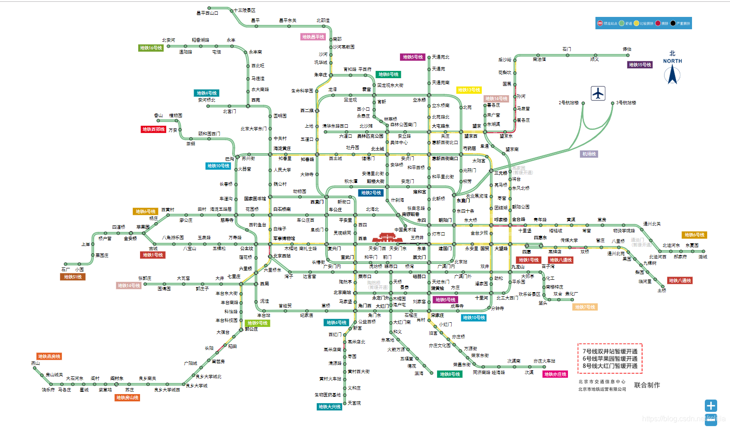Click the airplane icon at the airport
(x=598, y=93)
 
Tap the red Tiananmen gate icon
(x=387, y=238)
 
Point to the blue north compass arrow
(x=672, y=75)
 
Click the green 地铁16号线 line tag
(x=151, y=48)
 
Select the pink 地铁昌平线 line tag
(x=313, y=37)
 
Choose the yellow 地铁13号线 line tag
(x=469, y=90)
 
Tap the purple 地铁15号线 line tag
(x=640, y=65)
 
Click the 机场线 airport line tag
(x=589, y=154)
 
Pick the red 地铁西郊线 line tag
(x=153, y=129)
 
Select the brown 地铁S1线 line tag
(x=73, y=277)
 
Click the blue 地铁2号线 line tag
(x=371, y=193)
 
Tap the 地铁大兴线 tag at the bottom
(x=330, y=406)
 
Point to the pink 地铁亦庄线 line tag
(x=555, y=374)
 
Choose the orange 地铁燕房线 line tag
(x=49, y=356)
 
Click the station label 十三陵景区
(x=244, y=10)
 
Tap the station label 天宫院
(x=354, y=403)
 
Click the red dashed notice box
(x=610, y=358)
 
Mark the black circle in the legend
(x=673, y=23)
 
